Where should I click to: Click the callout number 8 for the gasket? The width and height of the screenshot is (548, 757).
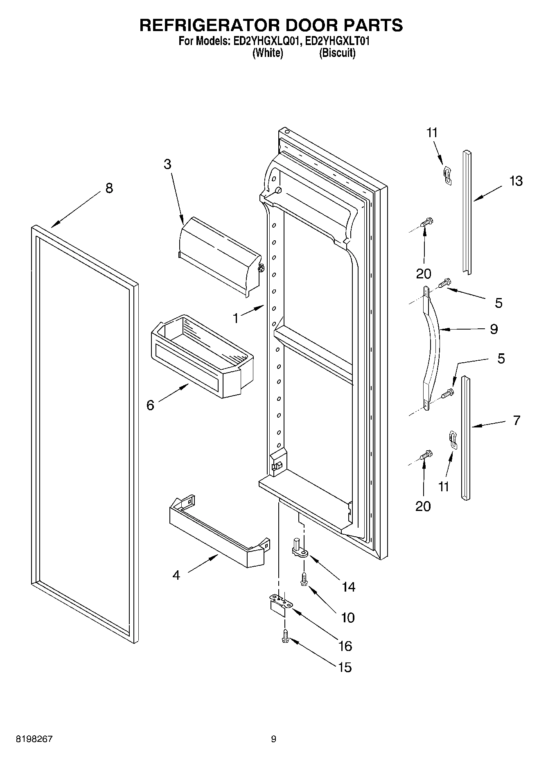[109, 188]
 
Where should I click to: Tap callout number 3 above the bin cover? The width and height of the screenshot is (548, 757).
[167, 164]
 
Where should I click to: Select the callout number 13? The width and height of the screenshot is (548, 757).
[516, 181]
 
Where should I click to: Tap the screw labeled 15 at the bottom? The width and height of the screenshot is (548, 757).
[285, 637]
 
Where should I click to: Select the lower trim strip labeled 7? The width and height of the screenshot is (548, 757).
[466, 438]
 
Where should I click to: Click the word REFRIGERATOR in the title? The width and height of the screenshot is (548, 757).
[209, 25]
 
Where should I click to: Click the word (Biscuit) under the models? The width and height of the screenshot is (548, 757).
[337, 53]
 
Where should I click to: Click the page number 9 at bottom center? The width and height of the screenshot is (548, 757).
[273, 739]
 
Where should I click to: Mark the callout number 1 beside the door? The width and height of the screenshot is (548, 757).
[236, 318]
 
